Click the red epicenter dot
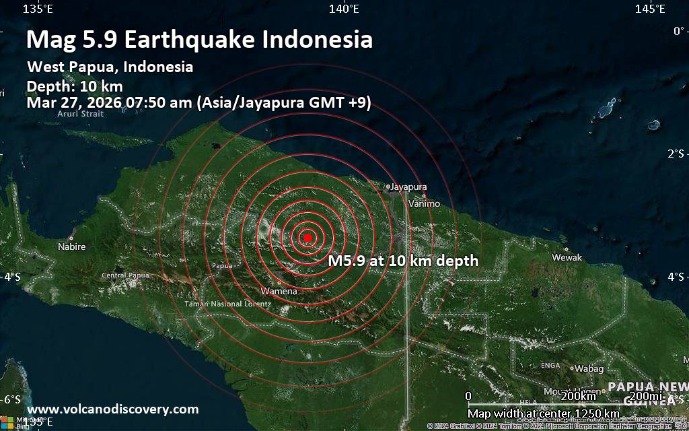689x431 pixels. point(307,238)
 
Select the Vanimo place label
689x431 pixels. point(425,203)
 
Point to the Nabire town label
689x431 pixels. point(72,246)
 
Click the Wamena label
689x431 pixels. point(279,292)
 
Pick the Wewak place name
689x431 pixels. point(567,257)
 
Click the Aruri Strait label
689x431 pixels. point(81,114)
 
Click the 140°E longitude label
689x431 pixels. point(344,9)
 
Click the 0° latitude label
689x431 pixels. point(678,30)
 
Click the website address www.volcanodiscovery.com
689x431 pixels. point(113,409)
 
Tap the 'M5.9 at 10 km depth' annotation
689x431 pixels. point(403,261)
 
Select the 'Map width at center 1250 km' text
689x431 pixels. point(543,413)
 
